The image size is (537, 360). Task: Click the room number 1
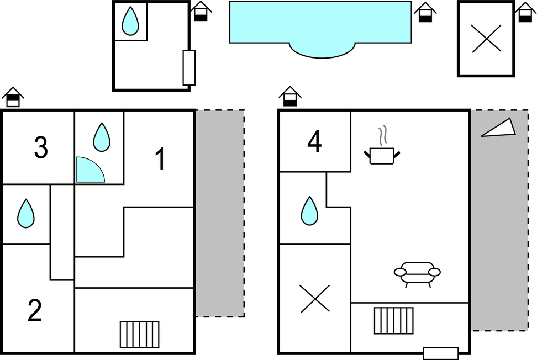pos(160,158)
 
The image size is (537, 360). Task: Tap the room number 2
pos(35,310)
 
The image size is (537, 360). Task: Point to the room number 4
pos(314,141)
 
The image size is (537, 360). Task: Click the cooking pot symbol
pos(382,151)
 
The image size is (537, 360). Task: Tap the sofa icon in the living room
pos(417,274)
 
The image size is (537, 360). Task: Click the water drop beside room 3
pos(102,137)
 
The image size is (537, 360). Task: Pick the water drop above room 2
pos(26,214)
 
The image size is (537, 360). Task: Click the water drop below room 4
pos(309,211)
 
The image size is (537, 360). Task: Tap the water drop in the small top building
pos(130,21)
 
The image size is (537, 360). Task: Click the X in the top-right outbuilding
pos(487,39)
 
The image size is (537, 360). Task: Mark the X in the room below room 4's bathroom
pos(315,299)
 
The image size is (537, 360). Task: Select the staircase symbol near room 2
pos(140,335)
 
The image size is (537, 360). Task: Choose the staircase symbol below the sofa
pos(394,321)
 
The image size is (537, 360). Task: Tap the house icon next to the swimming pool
pos(425,12)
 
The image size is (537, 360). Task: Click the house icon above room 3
pos(13,97)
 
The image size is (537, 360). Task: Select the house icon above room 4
pos(290,97)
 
